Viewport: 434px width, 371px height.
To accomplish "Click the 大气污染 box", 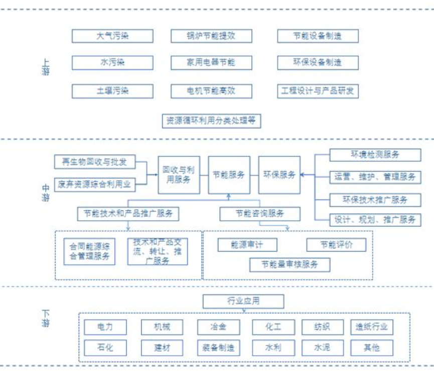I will pyautogui.click(x=112, y=36).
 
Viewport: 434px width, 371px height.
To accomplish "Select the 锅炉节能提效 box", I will pyautogui.click(x=211, y=36).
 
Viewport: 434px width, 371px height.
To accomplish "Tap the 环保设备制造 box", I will pyautogui.click(x=318, y=62).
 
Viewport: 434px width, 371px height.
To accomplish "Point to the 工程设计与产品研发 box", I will pyautogui.click(x=318, y=91).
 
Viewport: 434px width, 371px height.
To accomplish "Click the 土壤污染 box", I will pyautogui.click(x=112, y=91).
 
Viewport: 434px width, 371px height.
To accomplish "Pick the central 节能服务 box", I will pyautogui.click(x=229, y=175).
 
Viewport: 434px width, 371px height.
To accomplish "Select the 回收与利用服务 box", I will pyautogui.click(x=179, y=175).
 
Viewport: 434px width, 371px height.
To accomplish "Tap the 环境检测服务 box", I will pyautogui.click(x=375, y=155).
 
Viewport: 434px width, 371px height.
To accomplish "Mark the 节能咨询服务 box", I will pyautogui.click(x=260, y=214).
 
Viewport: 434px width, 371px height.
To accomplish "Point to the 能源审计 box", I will pyautogui.click(x=247, y=245).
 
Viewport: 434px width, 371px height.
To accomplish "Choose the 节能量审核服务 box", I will pyautogui.click(x=290, y=264).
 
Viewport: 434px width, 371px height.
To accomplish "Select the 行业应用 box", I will pyautogui.click(x=243, y=302).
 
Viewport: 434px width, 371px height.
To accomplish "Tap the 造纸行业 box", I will pyautogui.click(x=372, y=327).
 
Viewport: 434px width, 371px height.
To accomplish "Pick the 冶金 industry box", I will pyautogui.click(x=218, y=327).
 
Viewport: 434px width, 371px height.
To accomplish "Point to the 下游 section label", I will pyautogui.click(x=46, y=319).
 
